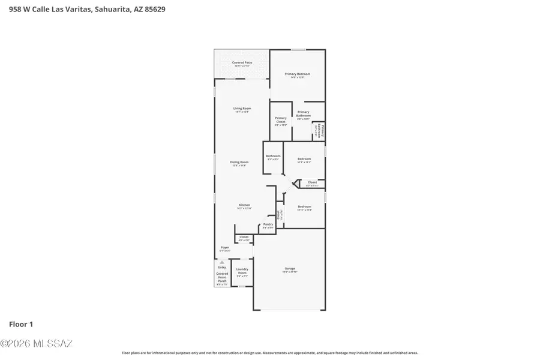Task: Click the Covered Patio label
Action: tap(242, 62)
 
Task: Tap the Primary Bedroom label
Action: tap(298, 74)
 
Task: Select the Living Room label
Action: tap(242, 109)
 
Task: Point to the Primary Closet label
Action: tap(281, 119)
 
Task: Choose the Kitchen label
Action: tap(244, 205)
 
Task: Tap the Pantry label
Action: tap(268, 224)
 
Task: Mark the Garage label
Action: tap(290, 268)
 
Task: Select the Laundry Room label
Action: tap(242, 271)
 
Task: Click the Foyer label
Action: tap(225, 247)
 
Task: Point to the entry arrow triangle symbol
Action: tap(222, 262)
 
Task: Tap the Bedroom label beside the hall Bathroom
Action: tap(304, 159)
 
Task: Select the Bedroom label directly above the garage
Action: tap(304, 206)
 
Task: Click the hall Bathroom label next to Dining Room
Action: tap(273, 156)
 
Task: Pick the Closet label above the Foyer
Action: tap(244, 237)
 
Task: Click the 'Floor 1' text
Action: tap(21, 324)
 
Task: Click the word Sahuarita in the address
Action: tap(110, 10)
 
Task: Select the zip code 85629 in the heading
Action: tap(153, 10)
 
